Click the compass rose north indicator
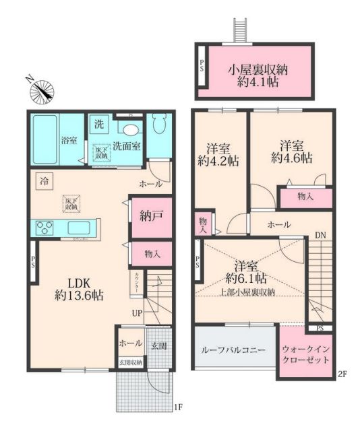click(x=44, y=90)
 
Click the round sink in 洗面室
click(x=131, y=131)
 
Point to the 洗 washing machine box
click(x=98, y=125)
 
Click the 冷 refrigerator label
click(x=43, y=180)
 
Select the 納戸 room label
click(x=148, y=218)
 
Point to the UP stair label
click(x=137, y=313)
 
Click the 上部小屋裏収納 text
click(x=247, y=292)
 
